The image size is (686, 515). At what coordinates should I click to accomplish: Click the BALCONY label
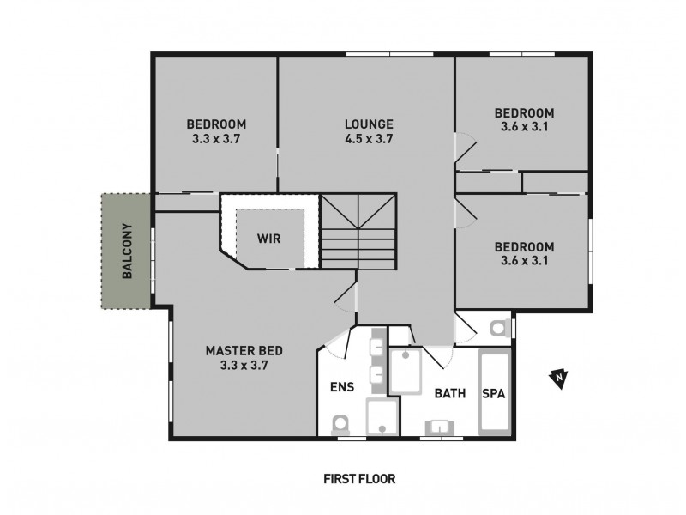127,251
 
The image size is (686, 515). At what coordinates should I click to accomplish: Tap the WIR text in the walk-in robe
268,237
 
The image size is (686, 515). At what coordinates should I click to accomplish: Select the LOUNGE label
369,124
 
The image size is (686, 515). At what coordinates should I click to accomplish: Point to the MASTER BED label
244,350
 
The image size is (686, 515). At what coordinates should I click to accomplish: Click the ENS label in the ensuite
342,386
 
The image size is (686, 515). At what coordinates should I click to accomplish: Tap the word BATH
450,394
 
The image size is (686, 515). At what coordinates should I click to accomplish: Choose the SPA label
493,394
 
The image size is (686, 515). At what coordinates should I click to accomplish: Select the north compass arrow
558,377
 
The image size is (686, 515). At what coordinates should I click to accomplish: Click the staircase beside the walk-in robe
358,230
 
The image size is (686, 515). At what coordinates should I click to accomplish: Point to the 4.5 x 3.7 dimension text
369,139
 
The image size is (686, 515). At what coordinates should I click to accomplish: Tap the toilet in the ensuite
340,423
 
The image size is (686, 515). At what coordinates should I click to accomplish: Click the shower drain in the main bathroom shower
406,354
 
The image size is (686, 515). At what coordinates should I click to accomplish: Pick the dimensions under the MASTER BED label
244,366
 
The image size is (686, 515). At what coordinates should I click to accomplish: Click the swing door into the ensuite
340,342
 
